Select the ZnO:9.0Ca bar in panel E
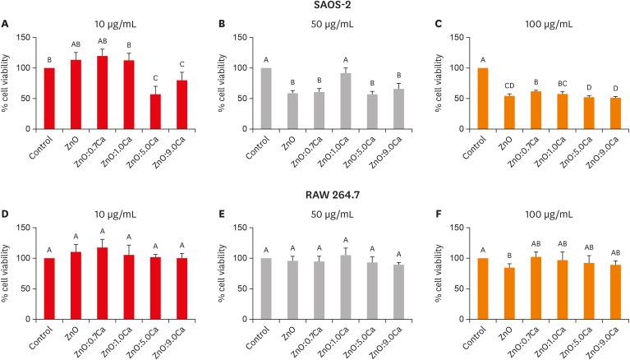[x=398, y=292]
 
